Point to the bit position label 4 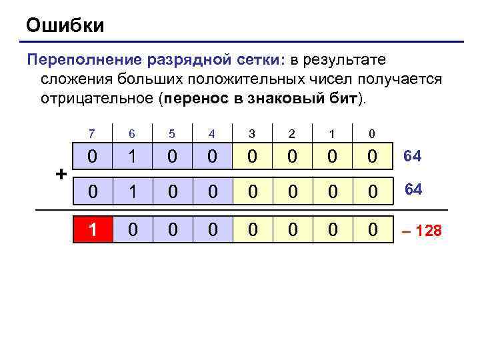(x=212, y=134)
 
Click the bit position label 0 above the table (x=372, y=134)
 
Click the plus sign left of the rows (x=61, y=175)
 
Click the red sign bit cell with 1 (x=93, y=230)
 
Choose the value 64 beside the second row (x=413, y=189)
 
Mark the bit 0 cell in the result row (x=372, y=230)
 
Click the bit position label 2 (x=292, y=134)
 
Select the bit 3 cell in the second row (x=252, y=191)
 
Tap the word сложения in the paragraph (x=75, y=79)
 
